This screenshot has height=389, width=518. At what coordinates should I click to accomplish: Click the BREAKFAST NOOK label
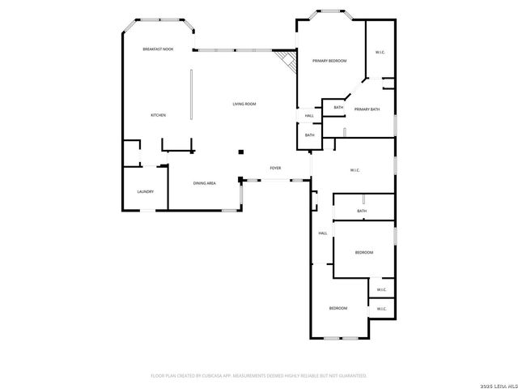click(158, 49)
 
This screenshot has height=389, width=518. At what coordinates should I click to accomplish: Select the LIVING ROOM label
click(244, 104)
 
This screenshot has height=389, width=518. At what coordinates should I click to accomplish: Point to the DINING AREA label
click(204, 183)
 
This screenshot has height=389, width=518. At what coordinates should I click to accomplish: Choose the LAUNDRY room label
click(145, 192)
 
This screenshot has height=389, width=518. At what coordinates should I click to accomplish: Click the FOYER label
click(275, 168)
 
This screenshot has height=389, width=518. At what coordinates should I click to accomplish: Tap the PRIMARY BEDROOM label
click(329, 61)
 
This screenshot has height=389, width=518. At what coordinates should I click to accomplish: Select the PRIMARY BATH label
click(367, 109)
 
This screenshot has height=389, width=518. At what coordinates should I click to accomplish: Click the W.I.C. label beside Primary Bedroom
click(380, 53)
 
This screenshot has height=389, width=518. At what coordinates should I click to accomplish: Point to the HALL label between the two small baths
click(309, 116)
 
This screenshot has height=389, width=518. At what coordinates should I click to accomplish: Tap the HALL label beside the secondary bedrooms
click(322, 233)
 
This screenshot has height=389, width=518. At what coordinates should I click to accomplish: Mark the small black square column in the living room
click(240, 152)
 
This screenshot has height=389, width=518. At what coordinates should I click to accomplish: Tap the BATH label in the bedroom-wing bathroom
click(362, 212)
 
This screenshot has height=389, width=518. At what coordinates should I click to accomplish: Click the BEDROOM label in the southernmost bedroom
click(338, 308)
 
